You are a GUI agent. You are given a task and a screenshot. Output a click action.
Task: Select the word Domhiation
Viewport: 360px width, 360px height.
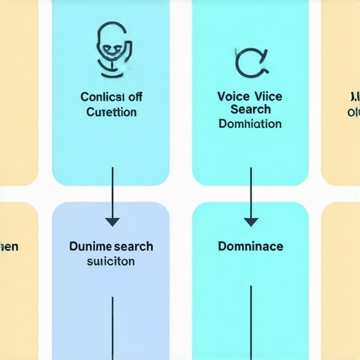[250, 124]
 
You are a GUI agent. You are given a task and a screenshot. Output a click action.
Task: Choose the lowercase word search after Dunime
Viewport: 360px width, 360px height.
[133, 247]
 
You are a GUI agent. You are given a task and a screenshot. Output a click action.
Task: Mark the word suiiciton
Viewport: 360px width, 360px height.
[110, 261]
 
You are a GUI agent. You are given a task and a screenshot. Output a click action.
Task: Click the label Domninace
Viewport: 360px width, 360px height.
[251, 247]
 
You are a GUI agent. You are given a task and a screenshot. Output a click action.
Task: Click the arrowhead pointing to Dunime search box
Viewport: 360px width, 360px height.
[111, 221]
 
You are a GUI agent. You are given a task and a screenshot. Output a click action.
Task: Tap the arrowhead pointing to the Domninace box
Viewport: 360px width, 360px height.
[251, 221]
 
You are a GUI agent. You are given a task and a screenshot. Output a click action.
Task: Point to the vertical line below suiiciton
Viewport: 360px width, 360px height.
[111, 327]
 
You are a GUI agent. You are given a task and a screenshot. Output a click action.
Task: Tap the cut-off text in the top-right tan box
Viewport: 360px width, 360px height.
[352, 104]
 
